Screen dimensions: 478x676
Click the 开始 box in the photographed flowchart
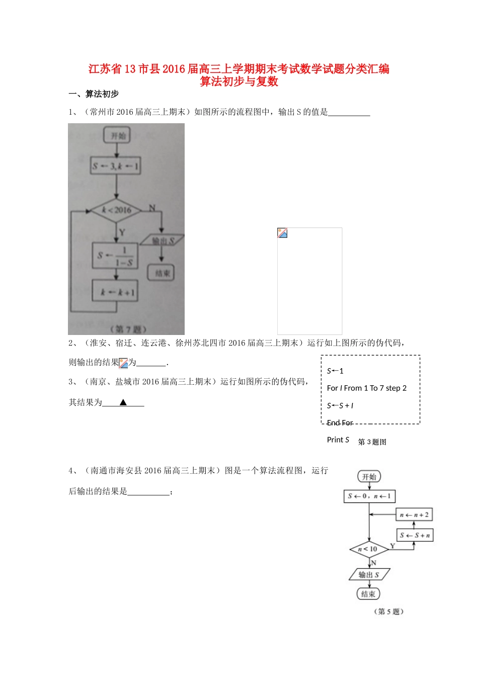point(117,135)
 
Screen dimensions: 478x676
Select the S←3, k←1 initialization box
point(116,165)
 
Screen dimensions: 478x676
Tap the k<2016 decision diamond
point(116,210)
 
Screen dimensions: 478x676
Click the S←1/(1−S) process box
point(115,256)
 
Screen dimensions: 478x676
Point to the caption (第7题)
point(128,329)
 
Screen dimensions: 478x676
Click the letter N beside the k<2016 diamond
point(152,208)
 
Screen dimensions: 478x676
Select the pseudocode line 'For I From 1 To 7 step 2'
point(366,388)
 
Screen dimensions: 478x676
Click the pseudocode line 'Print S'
point(338,440)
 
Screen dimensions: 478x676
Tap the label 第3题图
point(372,442)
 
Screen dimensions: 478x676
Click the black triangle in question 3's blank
point(123,402)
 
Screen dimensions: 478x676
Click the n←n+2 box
point(414,515)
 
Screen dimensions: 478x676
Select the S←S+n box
point(415,535)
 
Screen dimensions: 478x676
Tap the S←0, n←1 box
point(369,496)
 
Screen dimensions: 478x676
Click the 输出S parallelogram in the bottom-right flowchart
point(369,574)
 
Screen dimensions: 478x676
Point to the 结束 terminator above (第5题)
point(368,594)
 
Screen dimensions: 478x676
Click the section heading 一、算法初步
point(94,94)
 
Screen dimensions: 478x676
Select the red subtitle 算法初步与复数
point(239,81)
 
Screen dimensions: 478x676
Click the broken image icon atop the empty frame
point(282,233)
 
